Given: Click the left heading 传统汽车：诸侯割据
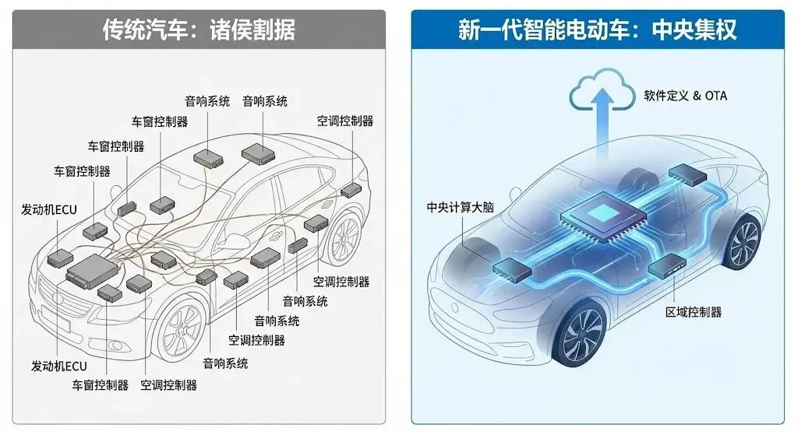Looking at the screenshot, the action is coord(199,30).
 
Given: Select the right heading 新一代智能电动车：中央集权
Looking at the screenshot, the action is coord(598,30).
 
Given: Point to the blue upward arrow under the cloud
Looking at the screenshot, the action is coord(602,128).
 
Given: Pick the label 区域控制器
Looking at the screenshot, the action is coord(693,312).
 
